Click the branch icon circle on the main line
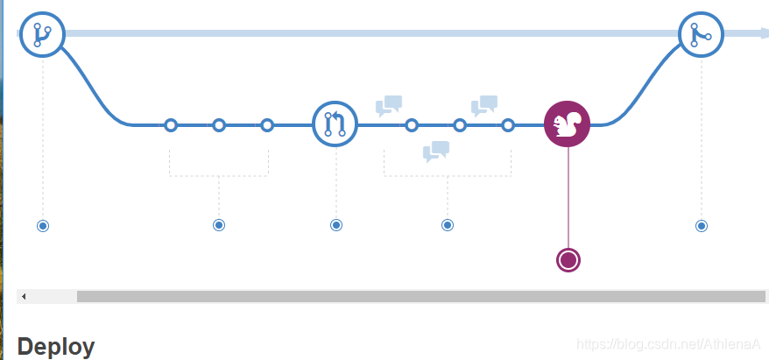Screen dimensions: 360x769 pos(42,34)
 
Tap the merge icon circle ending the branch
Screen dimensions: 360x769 pos(701,34)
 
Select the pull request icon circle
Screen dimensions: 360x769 pos(335,125)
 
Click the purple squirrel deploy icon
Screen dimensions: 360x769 pos(568,125)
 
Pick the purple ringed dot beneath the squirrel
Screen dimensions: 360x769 pos(568,260)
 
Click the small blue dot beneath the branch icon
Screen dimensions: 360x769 pos(42,226)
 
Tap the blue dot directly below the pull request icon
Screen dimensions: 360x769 pos(336,225)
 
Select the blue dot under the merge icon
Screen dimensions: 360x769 pos(701,226)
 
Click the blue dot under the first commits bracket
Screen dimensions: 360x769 pos(219,225)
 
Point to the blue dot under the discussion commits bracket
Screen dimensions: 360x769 pos(448,225)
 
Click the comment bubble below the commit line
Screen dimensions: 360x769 pos(435,152)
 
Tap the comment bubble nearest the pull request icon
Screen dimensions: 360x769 pos(388,106)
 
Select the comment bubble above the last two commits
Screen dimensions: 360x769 pos(484,106)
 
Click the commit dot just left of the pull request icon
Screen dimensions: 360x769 pos(267,125)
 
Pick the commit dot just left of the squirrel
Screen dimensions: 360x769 pos(508,125)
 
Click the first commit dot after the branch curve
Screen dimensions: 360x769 pos(171,125)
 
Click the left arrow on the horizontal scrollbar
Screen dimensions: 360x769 pos(24,296)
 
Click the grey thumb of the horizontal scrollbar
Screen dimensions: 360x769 pos(420,296)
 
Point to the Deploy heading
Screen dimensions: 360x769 pos(55,347)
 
